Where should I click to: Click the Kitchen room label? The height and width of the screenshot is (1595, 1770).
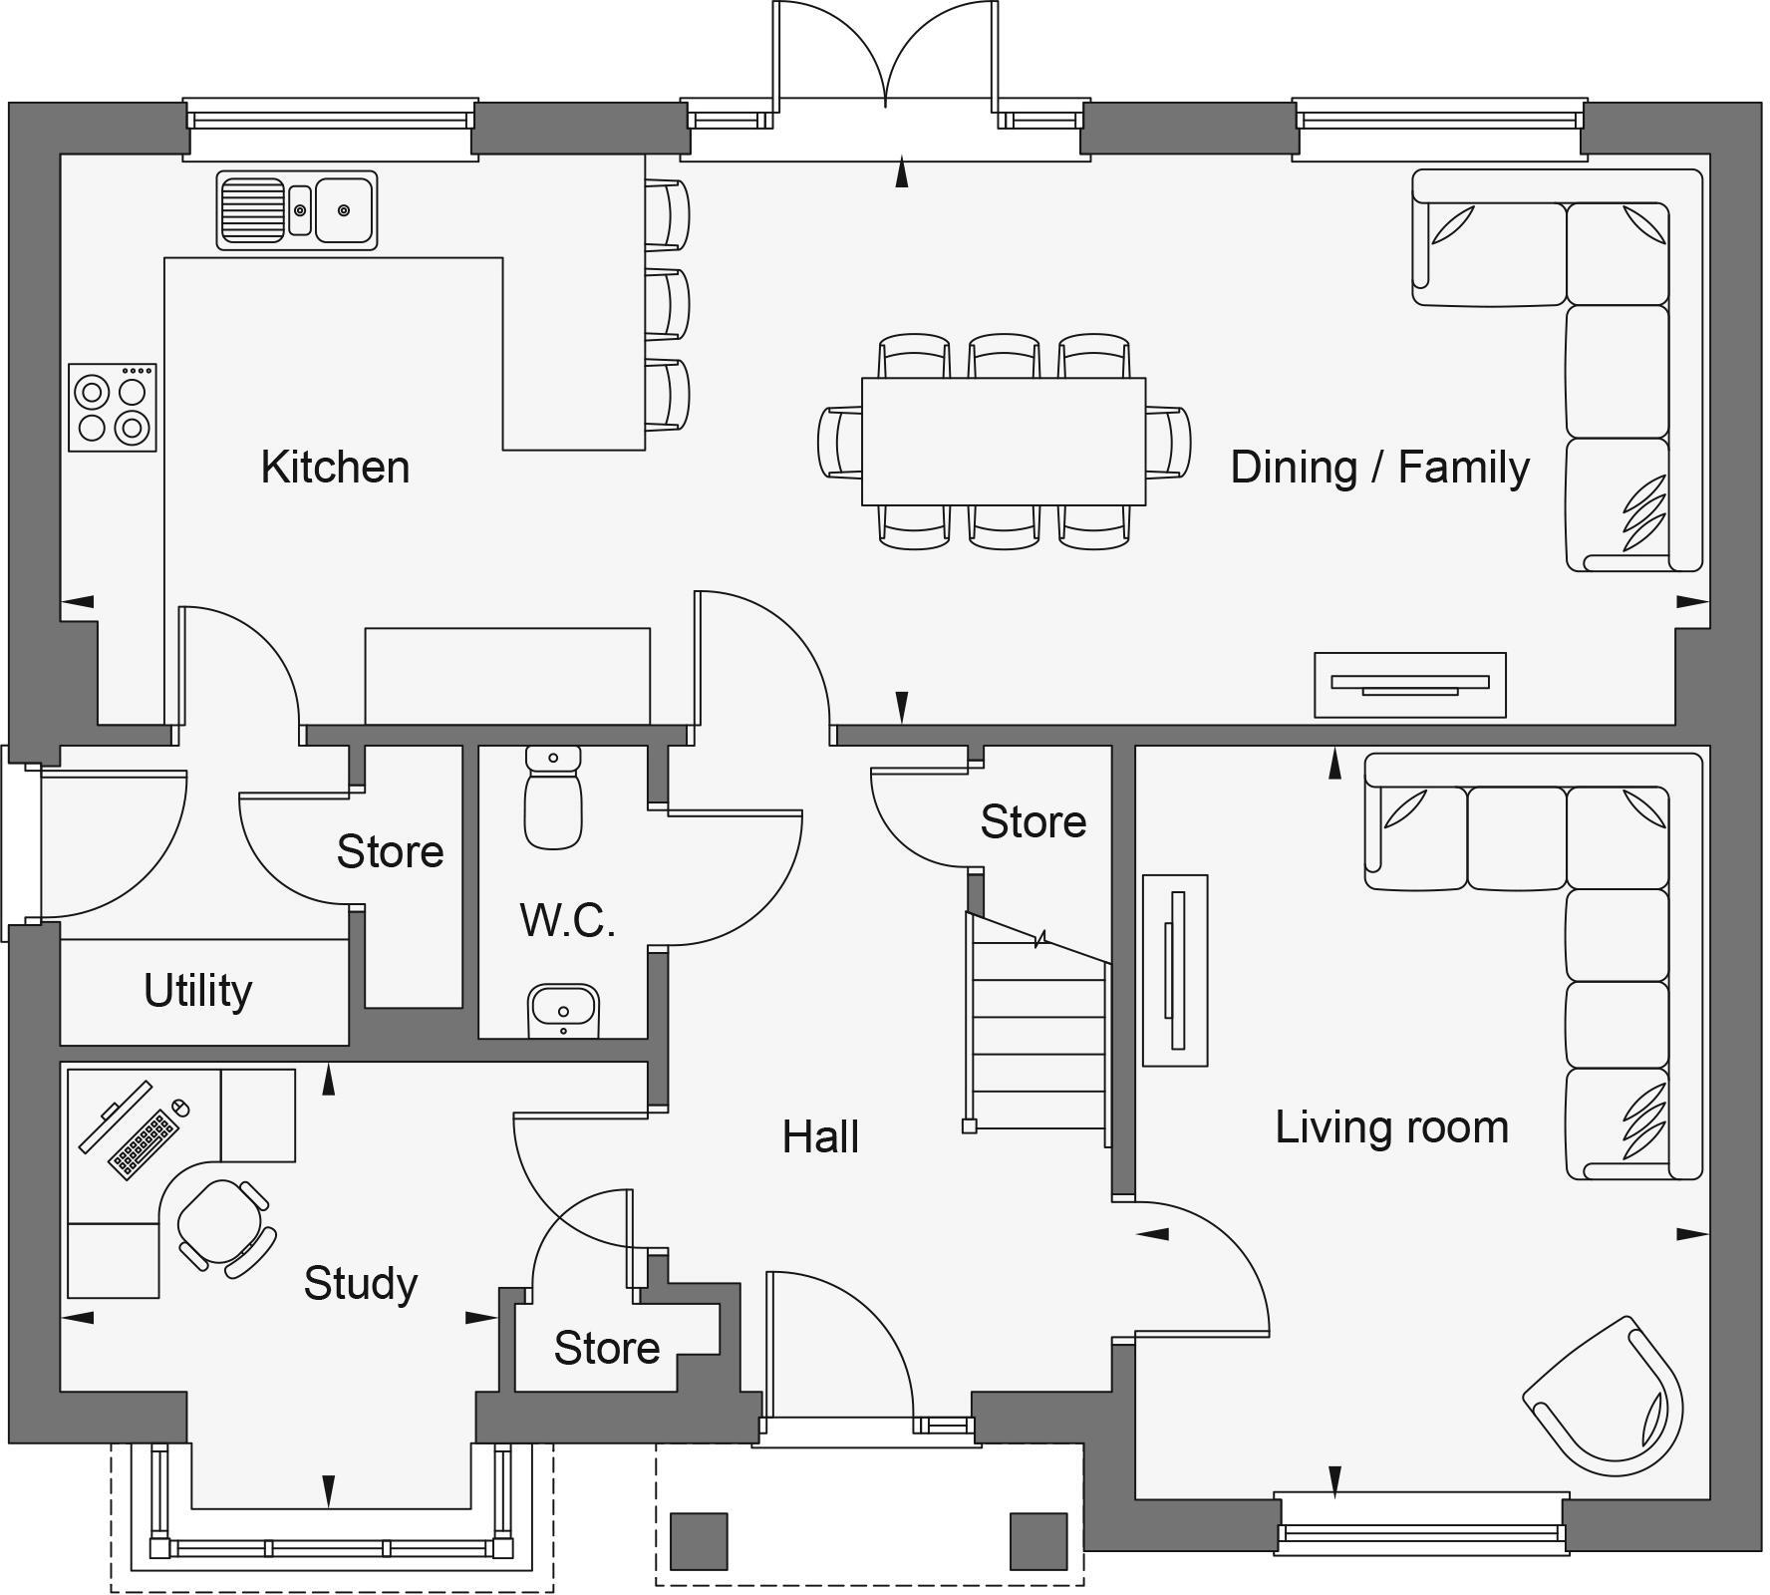(335, 467)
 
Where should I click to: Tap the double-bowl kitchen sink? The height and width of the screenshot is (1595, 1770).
(297, 210)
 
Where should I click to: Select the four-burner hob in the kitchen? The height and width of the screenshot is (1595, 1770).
(113, 408)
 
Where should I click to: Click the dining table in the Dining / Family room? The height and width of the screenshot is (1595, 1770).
(1003, 441)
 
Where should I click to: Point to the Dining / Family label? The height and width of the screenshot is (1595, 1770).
(1379, 467)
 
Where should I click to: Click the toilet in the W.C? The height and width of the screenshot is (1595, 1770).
(553, 797)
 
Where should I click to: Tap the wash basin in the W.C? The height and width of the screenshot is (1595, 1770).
(563, 1010)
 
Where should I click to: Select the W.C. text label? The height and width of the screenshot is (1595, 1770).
(567, 920)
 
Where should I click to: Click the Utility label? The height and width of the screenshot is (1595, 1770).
(197, 990)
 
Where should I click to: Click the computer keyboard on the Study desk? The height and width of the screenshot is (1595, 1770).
(145, 1143)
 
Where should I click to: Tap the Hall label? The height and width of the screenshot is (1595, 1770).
(819, 1136)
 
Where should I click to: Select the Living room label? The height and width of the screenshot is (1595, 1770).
(1391, 1126)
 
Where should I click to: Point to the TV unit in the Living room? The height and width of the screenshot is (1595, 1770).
(1175, 970)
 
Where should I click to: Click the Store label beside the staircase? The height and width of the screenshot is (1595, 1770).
(1032, 821)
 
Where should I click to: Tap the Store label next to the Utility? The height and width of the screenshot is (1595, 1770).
(390, 851)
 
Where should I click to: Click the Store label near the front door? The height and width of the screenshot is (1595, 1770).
(606, 1348)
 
